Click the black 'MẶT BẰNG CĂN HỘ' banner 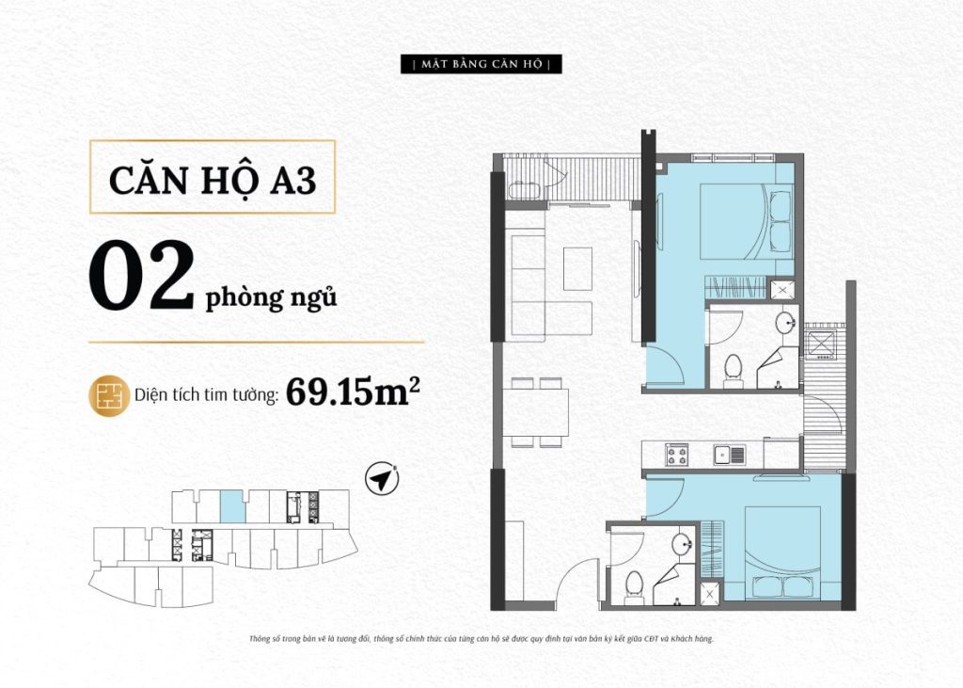coord(481,64)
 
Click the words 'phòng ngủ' coord(271,298)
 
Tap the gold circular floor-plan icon coord(109,396)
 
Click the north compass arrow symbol coord(382,479)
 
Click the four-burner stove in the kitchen coord(677,455)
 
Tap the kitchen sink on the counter coord(729,455)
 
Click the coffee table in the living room coord(577,268)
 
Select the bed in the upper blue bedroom coord(746,222)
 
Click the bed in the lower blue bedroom coord(783,552)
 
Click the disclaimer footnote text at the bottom coord(481,639)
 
